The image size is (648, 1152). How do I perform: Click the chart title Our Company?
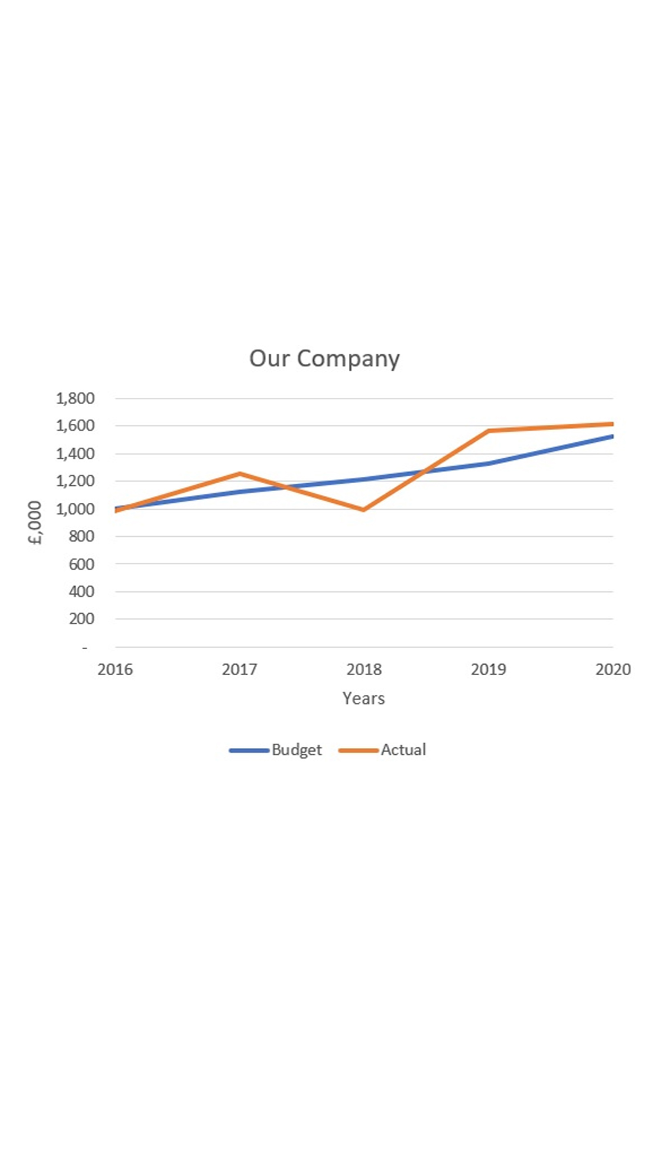324,358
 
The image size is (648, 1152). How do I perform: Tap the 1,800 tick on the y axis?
75,398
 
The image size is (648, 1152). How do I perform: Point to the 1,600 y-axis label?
75,426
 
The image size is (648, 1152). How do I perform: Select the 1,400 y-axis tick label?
75,454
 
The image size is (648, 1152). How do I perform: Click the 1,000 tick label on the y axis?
75,509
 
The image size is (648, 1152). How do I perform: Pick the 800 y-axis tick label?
81,536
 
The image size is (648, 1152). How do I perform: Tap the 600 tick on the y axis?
81,564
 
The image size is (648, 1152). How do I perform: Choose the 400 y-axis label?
81,592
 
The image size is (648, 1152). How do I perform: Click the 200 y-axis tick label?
81,619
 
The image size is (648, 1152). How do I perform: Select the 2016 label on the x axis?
115,670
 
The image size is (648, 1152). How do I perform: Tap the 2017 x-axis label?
239,670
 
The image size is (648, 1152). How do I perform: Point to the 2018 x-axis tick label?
364,670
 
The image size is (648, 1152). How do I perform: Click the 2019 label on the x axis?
488,670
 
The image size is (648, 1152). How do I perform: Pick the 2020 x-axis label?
613,670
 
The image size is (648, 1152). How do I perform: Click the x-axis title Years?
364,698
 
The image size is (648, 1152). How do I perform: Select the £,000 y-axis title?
35,523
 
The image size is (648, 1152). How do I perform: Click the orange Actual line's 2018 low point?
364,509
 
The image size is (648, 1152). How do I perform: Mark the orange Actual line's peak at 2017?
240,474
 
